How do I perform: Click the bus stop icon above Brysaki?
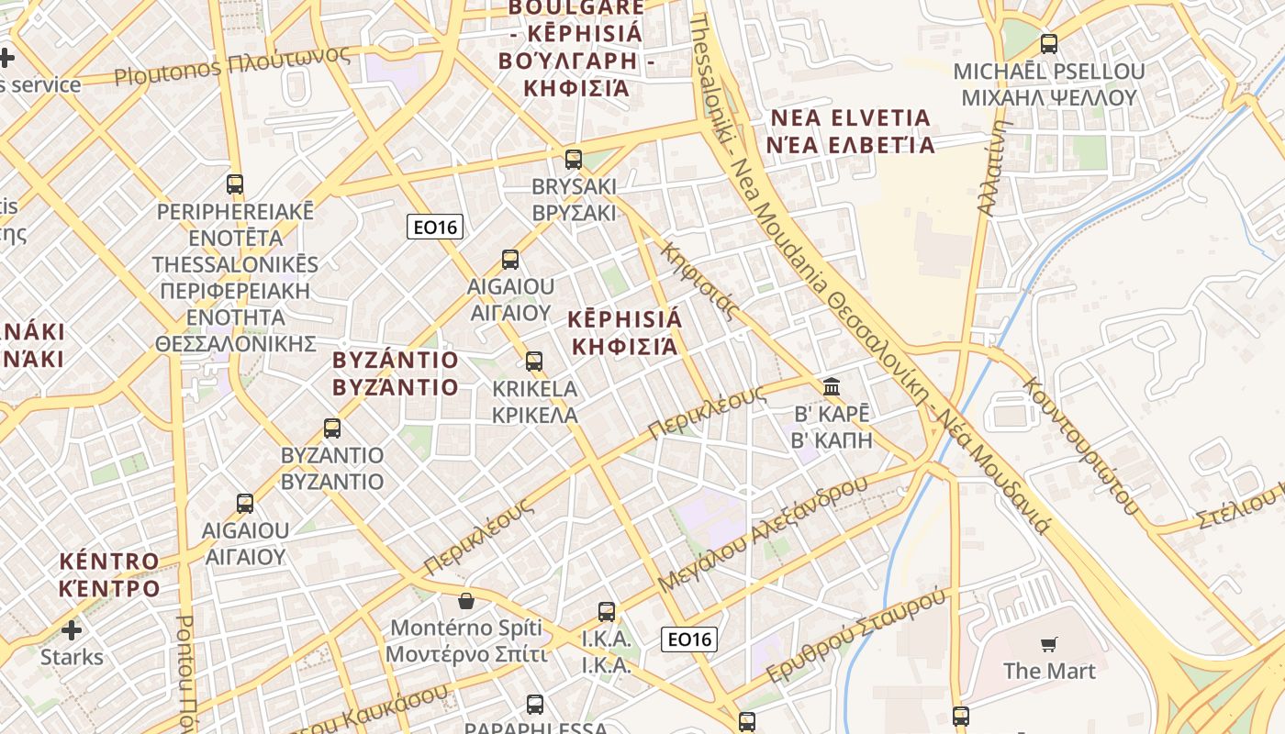[x=574, y=160]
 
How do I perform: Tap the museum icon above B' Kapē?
[x=832, y=386]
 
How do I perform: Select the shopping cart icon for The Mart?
[x=1049, y=645]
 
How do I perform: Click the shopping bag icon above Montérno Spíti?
[x=466, y=602]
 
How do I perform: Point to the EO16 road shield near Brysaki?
[x=435, y=227]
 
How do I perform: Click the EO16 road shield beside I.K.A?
[x=689, y=639]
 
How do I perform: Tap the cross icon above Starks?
[x=72, y=630]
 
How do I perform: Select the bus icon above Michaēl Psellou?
[x=1049, y=43]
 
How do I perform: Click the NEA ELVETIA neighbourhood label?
[x=851, y=118]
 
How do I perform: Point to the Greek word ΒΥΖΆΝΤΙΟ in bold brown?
[x=396, y=387]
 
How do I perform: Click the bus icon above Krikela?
[x=534, y=361]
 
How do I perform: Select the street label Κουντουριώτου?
[x=1080, y=445]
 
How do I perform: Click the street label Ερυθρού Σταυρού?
[x=855, y=636]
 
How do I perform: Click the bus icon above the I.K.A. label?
[x=607, y=612]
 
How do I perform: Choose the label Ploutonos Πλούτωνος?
[x=232, y=64]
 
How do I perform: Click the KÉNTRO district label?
[x=109, y=561]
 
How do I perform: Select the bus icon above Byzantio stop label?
[x=332, y=428]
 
